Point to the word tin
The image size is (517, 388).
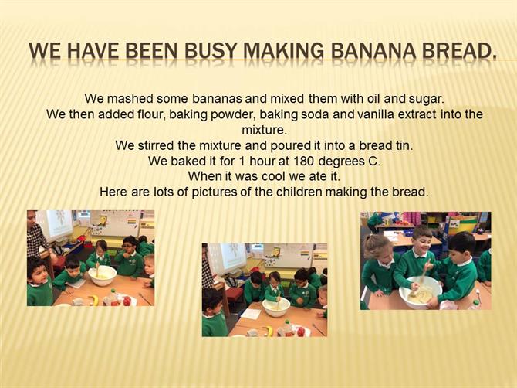click(404, 145)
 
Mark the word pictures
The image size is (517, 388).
click(214, 192)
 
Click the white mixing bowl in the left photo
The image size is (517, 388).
click(103, 275)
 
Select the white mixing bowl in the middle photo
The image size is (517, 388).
click(276, 308)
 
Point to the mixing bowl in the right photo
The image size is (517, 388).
click(420, 292)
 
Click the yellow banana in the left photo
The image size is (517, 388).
click(95, 300)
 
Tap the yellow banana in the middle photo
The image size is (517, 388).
click(269, 331)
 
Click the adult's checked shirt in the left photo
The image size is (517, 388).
click(37, 239)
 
